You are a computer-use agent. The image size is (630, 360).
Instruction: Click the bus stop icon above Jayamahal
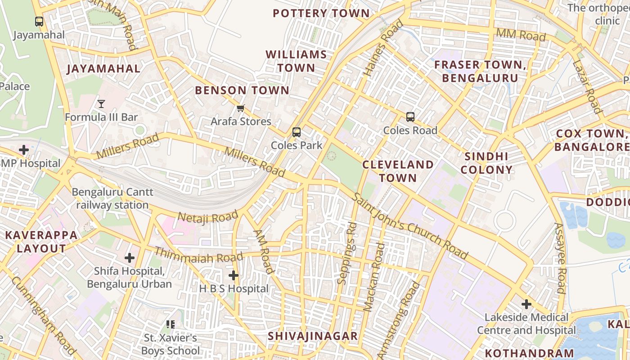(39, 21)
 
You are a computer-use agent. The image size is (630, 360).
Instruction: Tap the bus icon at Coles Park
(296, 132)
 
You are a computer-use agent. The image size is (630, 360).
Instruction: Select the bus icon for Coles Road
(410, 117)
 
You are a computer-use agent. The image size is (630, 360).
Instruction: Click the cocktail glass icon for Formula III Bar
(101, 104)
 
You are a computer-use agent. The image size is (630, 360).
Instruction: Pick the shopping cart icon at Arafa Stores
(241, 108)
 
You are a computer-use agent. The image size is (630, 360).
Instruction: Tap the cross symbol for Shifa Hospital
(130, 258)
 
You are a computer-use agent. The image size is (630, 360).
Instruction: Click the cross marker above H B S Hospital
(233, 275)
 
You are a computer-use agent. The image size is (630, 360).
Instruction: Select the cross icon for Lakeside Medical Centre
(526, 304)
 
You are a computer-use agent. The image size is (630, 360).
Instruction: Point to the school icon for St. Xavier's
(171, 324)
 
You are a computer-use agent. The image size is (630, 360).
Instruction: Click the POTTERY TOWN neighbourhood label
(321, 13)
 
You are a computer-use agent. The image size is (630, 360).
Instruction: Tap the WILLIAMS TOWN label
(296, 61)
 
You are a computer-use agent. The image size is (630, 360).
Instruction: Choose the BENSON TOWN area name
(242, 90)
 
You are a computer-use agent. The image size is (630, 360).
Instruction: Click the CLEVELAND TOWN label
(398, 171)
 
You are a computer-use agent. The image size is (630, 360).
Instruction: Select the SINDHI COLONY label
(486, 163)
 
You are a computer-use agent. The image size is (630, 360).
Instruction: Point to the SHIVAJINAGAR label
(313, 336)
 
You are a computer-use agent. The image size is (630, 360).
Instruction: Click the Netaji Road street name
(207, 218)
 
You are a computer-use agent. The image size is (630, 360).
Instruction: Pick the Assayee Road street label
(559, 258)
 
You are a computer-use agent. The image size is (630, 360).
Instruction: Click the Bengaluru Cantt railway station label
(112, 198)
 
